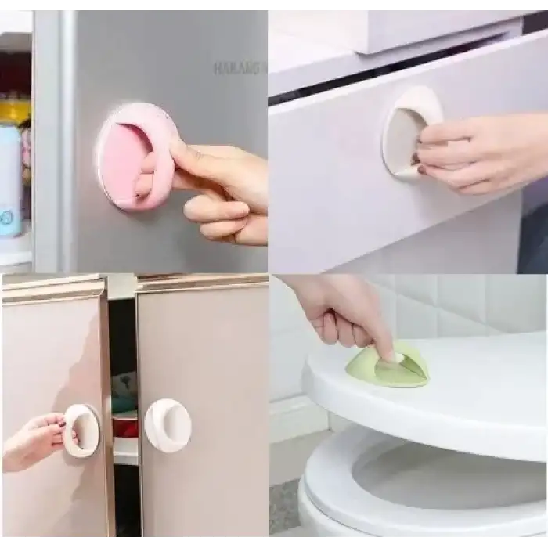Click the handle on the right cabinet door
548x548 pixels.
168,425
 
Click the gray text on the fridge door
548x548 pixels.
239,68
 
